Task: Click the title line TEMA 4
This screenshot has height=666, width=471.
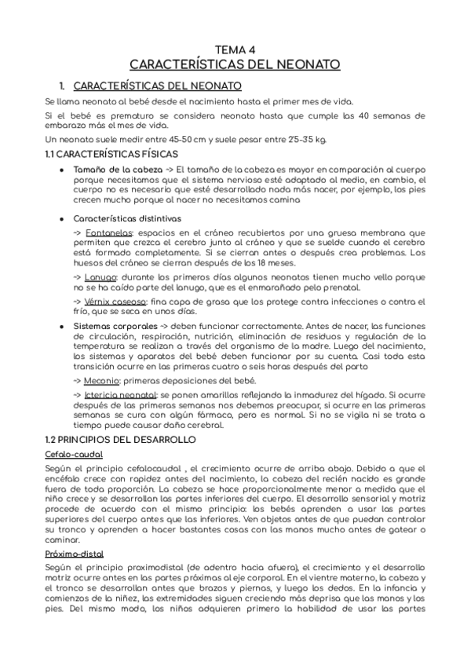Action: [x=235, y=49]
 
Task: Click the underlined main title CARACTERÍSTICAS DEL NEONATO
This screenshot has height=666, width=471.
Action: [x=235, y=64]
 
